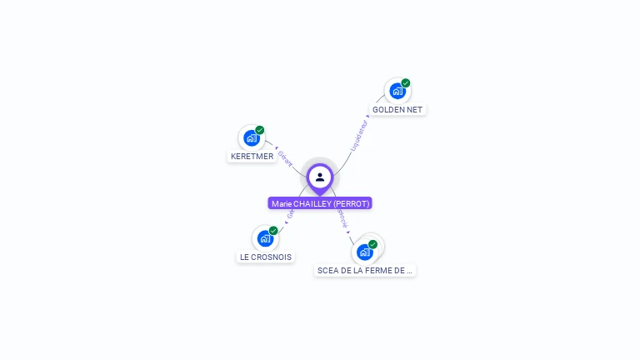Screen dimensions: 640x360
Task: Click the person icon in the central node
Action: coord(320,177)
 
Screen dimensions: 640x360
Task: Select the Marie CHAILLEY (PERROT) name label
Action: coord(320,203)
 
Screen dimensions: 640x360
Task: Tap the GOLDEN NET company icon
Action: coord(397,91)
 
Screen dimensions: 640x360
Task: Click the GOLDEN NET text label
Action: coord(397,109)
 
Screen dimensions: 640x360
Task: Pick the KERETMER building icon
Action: coord(252,138)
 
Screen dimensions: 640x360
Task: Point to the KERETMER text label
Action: coord(252,157)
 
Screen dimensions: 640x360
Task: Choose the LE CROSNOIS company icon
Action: coord(265,238)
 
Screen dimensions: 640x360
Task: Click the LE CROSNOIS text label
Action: coord(266,257)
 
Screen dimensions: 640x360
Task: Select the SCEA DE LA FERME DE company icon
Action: coord(364,252)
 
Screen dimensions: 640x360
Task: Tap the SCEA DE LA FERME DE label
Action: coord(365,270)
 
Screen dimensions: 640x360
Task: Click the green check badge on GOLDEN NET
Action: coord(406,82)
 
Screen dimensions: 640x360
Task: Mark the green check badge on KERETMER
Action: coord(260,130)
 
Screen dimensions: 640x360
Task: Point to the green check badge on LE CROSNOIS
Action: coord(273,230)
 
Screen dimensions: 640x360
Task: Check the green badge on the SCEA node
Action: coord(372,244)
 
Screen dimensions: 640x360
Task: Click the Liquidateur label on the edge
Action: coord(359,136)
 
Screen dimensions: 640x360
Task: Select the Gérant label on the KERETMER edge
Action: coord(285,158)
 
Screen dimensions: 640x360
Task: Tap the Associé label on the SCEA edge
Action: coord(342,218)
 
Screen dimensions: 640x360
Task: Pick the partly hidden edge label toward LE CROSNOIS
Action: coord(290,214)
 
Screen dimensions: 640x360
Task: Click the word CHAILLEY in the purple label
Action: coord(312,203)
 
